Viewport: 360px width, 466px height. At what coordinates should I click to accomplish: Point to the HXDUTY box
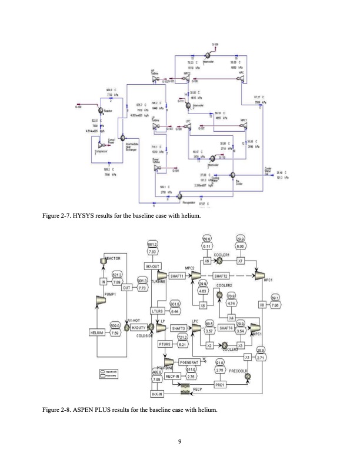tap(138, 327)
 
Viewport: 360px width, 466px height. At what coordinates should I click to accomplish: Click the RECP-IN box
tap(174, 374)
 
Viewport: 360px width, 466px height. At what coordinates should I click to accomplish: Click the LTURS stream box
tap(156, 311)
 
